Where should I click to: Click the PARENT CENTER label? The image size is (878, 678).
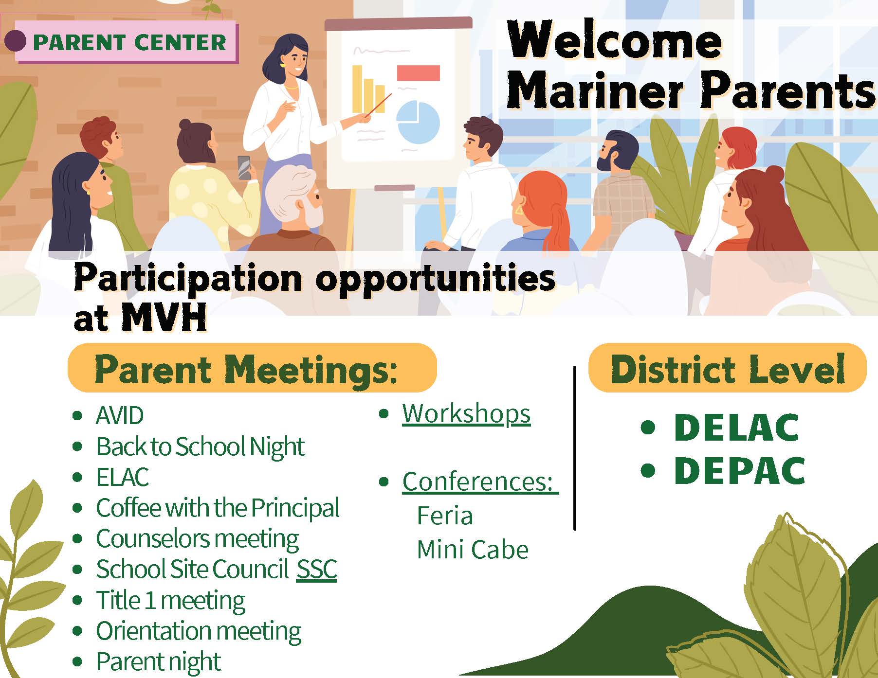click(129, 42)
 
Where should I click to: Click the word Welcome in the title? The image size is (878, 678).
click(614, 41)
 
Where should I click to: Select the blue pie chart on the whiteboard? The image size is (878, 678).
click(418, 122)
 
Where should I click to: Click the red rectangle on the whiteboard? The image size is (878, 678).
click(419, 73)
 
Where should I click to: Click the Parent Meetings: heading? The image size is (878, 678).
click(246, 369)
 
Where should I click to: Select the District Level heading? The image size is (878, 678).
click(728, 368)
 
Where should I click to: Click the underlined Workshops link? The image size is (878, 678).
click(466, 414)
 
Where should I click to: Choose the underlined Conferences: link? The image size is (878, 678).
click(480, 482)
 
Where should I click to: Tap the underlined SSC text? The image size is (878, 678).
click(317, 569)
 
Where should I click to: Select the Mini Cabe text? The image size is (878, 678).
click(473, 550)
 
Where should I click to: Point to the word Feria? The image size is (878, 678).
click(445, 516)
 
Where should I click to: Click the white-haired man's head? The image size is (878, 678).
click(295, 196)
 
